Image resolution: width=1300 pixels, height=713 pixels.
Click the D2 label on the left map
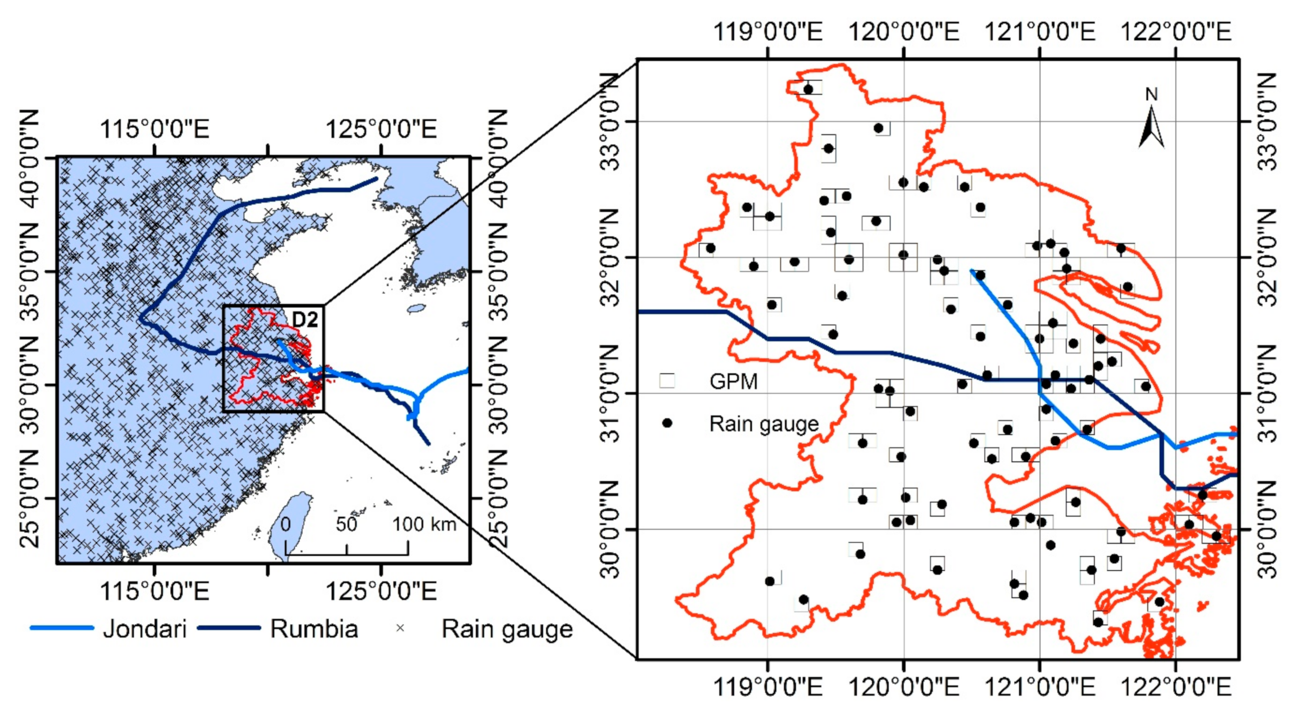(305, 319)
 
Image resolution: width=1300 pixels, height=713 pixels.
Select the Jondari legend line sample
(62, 628)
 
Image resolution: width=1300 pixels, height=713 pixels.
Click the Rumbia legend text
(314, 629)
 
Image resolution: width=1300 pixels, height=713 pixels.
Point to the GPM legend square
(667, 381)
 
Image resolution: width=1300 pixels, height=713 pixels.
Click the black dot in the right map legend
(667, 423)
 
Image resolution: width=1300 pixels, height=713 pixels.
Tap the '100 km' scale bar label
(424, 524)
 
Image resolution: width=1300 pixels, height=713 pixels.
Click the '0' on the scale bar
(286, 524)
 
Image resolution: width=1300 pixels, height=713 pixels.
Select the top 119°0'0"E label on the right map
(767, 32)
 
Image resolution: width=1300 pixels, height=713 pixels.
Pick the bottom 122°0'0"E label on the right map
(1175, 687)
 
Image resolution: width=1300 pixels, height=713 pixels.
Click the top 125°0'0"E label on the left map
(381, 129)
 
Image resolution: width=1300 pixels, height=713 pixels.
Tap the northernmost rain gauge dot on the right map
(808, 90)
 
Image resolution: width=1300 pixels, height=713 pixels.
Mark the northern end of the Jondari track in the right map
(971, 270)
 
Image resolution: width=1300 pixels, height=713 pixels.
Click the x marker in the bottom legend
(400, 628)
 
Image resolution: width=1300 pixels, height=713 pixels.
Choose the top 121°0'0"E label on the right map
(1040, 32)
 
